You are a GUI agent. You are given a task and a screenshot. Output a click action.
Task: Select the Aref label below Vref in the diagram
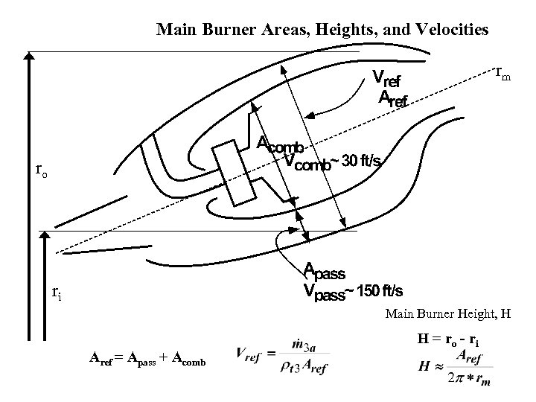[394, 98]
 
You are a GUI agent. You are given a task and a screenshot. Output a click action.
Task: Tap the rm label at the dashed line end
[503, 74]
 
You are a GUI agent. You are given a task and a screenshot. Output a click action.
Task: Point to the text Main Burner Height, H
[448, 314]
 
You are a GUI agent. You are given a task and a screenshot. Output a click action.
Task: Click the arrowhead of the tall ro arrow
[30, 57]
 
